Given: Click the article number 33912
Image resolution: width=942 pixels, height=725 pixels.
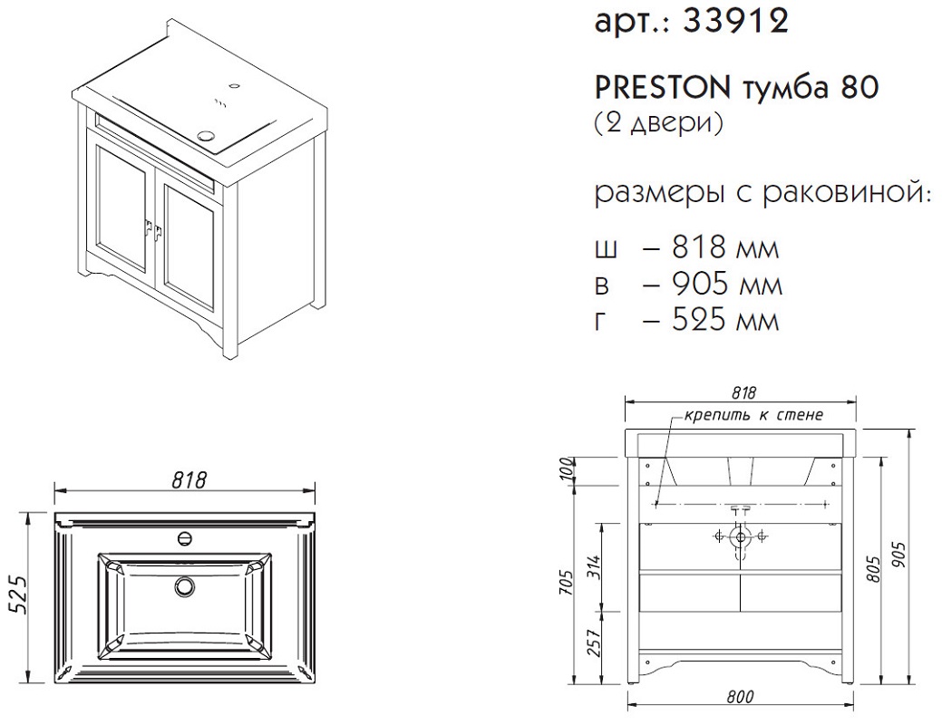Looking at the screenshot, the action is pos(736,23).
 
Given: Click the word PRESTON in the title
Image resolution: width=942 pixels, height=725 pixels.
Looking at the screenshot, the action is pos(662,88).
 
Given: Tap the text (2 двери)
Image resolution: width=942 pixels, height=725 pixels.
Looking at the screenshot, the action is pos(659,122).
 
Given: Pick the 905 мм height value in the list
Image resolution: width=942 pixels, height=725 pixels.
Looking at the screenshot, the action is pos(727,285).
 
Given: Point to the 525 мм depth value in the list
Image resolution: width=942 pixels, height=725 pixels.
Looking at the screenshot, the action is pos(725,320).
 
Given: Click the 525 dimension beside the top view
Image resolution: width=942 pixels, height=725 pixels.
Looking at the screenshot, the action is pos(18,594).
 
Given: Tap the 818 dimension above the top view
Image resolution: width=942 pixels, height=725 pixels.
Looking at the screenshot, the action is pos(189,480).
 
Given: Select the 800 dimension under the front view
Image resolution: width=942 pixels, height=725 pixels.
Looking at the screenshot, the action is pos(740,697).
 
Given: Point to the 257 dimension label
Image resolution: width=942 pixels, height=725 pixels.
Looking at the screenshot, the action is pos(594,643).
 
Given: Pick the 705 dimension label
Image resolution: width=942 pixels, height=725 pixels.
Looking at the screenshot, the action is pos(567,583).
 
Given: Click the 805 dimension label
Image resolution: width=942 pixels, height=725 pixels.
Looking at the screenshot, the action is pos(874,569).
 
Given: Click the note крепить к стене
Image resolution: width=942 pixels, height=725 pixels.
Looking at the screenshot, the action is pos(753,414).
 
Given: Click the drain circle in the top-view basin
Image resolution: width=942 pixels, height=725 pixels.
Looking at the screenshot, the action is pos(185,585).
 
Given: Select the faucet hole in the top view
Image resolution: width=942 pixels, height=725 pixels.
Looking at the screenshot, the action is pos(186,537).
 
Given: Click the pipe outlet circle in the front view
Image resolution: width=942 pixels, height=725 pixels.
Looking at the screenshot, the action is pos(740,536).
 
